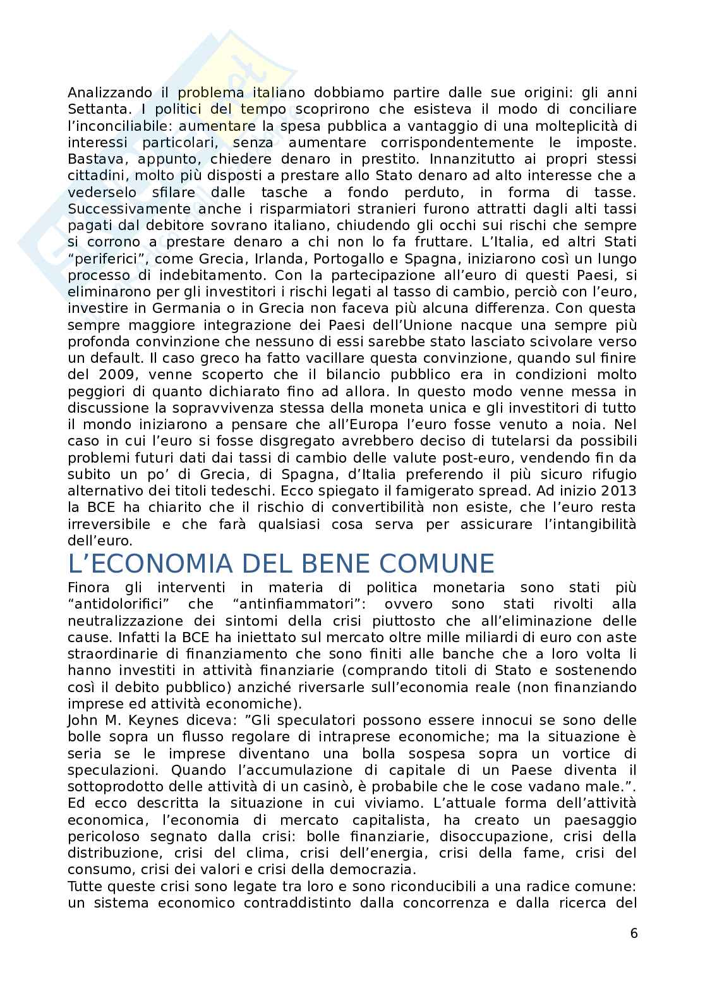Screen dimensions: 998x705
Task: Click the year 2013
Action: click(x=619, y=491)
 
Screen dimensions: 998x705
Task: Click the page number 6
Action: click(x=634, y=934)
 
